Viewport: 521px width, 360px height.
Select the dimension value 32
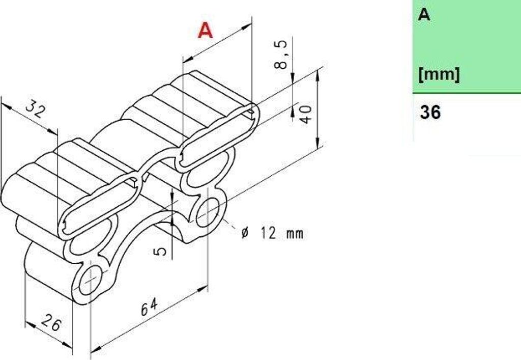coord(35,108)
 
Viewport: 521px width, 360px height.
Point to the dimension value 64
coord(149,307)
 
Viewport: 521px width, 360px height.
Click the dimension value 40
coord(306,114)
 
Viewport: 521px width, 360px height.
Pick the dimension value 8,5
coord(281,54)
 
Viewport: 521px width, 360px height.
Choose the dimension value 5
coord(160,250)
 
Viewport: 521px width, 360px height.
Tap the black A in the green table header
coord(424,15)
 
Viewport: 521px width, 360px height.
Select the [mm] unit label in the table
coord(439,75)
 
